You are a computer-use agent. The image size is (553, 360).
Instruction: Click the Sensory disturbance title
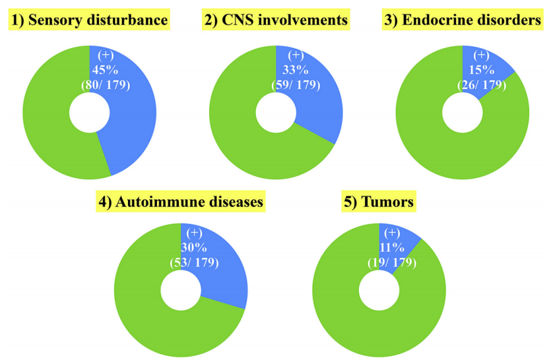(89, 20)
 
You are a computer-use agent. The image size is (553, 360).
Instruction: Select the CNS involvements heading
(276, 20)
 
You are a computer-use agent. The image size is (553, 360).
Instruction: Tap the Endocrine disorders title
(463, 20)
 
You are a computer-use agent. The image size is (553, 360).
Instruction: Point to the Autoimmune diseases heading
(181, 202)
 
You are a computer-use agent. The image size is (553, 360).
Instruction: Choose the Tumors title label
(379, 202)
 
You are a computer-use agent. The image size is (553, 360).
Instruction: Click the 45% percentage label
(105, 70)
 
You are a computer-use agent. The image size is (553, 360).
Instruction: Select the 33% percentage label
(296, 70)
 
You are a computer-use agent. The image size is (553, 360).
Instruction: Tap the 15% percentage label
(482, 70)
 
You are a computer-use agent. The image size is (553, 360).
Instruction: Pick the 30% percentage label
(194, 248)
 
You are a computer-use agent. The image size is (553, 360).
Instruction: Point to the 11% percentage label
(392, 248)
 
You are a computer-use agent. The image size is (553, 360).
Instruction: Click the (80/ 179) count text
(106, 85)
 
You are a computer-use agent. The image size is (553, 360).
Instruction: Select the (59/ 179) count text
(296, 85)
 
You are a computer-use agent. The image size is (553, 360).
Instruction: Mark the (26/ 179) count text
(482, 85)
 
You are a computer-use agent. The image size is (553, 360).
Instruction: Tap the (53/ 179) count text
(194, 263)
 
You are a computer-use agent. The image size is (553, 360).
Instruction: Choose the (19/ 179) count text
(392, 263)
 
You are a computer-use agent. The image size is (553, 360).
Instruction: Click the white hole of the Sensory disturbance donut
(89, 112)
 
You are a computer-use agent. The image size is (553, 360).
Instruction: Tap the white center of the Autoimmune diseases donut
(181, 290)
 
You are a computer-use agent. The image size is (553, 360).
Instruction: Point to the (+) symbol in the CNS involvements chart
(296, 55)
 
